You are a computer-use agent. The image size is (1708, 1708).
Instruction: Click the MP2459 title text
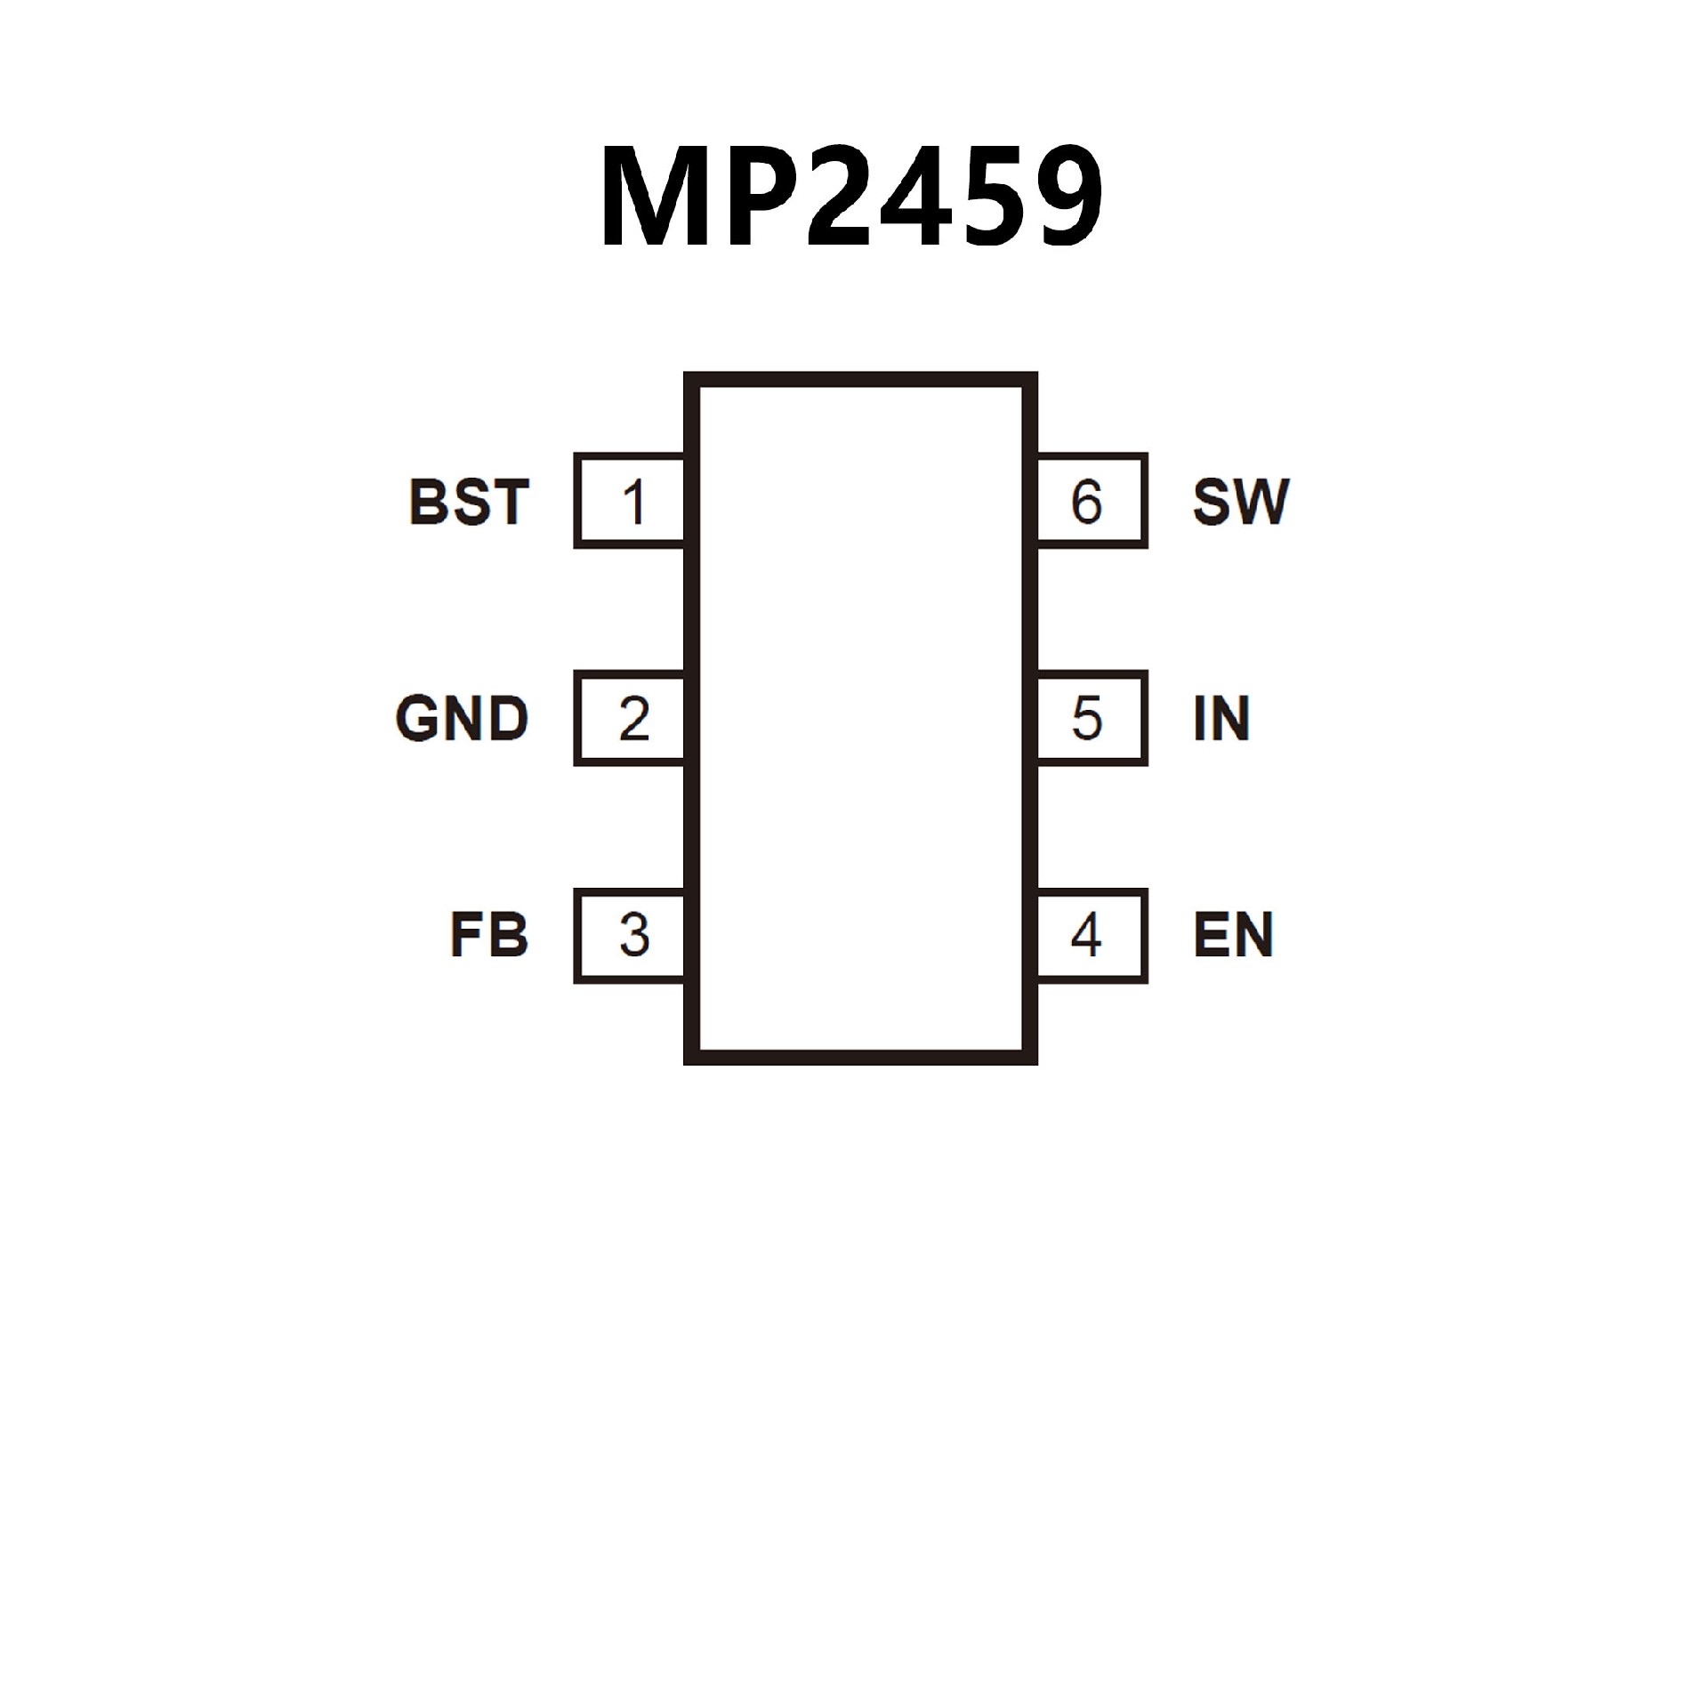851,196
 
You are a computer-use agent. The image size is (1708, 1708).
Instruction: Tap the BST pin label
469,502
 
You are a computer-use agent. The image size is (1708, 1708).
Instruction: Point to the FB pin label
488,935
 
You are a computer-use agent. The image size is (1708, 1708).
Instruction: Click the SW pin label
1240,502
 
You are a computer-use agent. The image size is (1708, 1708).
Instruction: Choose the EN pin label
1233,935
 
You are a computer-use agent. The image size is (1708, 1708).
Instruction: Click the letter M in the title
656,196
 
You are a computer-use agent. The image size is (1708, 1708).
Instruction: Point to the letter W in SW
1258,502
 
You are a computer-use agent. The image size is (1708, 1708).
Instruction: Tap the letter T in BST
511,502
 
